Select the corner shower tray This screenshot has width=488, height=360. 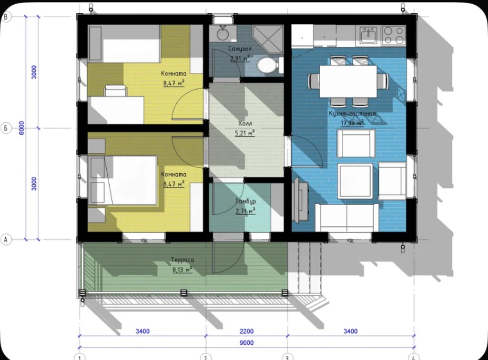[x=268, y=39]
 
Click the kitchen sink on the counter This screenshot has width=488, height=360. [x=368, y=35]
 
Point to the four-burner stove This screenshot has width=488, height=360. [x=394, y=35]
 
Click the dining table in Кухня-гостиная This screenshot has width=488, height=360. [x=348, y=81]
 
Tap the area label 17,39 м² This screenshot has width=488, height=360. [x=352, y=123]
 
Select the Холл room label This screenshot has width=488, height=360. [x=245, y=123]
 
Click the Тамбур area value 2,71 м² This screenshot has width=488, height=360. [x=245, y=211]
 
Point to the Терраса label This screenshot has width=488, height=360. [x=183, y=260]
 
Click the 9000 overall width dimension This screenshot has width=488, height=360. [x=246, y=342]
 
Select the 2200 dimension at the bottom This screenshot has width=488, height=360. [x=246, y=331]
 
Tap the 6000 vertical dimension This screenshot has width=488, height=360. [x=21, y=128]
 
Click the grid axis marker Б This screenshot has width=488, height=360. [x=6, y=128]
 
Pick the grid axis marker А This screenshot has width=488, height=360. [x=6, y=240]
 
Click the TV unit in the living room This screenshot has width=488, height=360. [x=301, y=200]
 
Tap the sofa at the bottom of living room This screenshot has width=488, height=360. [x=347, y=218]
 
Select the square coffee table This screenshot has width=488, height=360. [x=356, y=181]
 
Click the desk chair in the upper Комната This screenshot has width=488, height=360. [x=115, y=91]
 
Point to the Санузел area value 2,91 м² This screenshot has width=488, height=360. [x=240, y=58]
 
